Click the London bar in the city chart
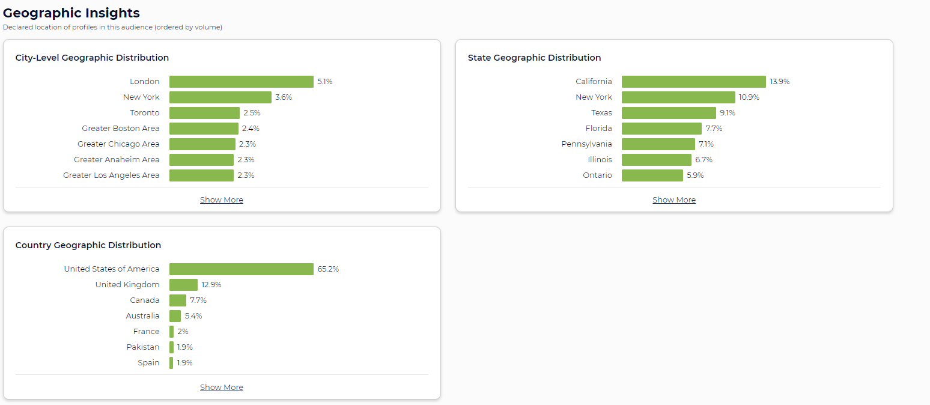[241, 82]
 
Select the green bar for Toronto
[204, 113]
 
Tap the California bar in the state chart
[693, 82]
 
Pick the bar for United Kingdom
[183, 285]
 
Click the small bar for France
[171, 332]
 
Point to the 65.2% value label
[328, 269]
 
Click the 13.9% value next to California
[780, 82]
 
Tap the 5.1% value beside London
[324, 82]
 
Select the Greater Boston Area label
[121, 129]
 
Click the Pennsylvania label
[586, 144]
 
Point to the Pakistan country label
[143, 347]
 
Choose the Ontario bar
[652, 175]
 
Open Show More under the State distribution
[674, 200]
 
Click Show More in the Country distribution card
[222, 388]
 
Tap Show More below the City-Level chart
[222, 200]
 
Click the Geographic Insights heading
[71, 13]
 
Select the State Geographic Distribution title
[534, 58]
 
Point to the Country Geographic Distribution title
[88, 245]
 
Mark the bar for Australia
[175, 316]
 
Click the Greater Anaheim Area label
[117, 160]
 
